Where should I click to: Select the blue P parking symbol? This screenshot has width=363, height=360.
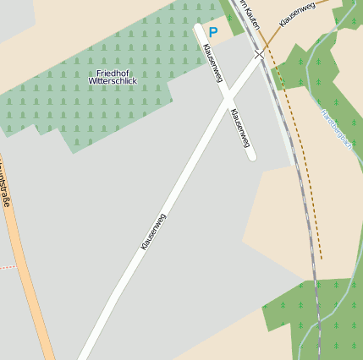tap(213, 32)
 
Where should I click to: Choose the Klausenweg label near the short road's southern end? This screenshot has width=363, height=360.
tap(240, 128)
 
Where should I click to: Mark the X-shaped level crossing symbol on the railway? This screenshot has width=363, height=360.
tap(259, 54)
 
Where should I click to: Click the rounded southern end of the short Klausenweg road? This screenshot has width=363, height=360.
tap(251, 156)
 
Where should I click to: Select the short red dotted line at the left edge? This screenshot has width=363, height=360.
tap(7, 267)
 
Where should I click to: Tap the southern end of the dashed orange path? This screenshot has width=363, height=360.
tap(322, 257)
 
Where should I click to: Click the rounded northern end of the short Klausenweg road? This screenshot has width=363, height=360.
tap(199, 28)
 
